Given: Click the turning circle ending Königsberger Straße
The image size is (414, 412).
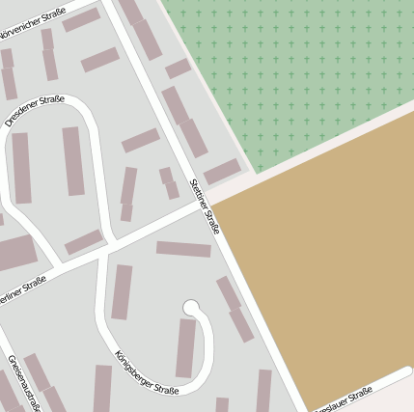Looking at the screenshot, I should click(192, 308).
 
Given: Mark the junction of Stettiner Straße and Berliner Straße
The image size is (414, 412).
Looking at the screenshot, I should click(207, 206).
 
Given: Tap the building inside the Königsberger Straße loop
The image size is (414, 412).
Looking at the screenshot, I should click(186, 348).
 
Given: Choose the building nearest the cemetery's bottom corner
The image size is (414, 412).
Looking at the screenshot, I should click(222, 172).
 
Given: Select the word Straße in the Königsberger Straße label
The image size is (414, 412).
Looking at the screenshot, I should click(166, 387).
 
